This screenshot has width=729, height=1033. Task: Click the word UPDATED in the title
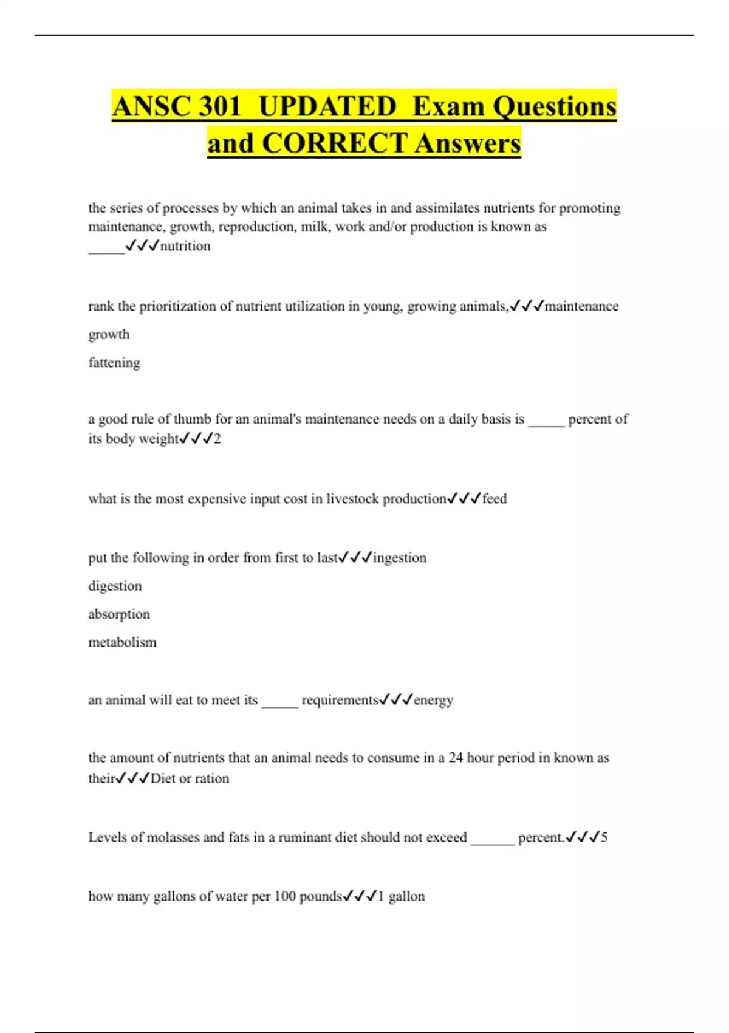(x=327, y=107)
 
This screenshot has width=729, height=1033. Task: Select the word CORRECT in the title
(x=335, y=144)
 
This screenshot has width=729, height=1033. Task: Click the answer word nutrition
(x=185, y=246)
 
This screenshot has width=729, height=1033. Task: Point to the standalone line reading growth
(x=109, y=334)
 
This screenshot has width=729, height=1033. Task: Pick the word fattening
(x=114, y=363)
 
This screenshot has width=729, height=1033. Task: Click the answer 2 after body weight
(x=217, y=439)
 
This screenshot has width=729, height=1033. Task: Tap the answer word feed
(x=495, y=499)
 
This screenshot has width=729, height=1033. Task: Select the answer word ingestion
(x=399, y=558)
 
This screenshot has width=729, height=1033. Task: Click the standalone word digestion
(x=115, y=586)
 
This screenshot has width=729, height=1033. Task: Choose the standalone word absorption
(x=119, y=614)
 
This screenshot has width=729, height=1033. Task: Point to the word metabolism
(x=122, y=642)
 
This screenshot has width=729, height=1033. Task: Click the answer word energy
(x=433, y=700)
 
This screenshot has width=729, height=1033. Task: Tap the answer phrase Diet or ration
(x=190, y=778)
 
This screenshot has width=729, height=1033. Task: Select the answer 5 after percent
(x=604, y=837)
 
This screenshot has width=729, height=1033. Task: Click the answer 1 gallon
(x=401, y=896)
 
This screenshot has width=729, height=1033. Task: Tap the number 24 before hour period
(x=456, y=758)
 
